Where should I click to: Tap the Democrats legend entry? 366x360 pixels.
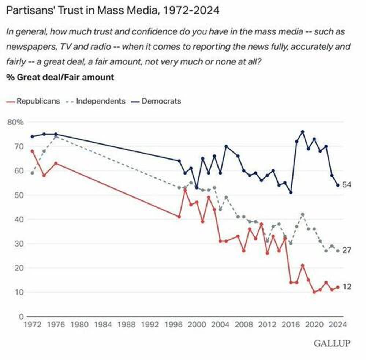click(161, 101)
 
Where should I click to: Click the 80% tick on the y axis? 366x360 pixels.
click(16, 122)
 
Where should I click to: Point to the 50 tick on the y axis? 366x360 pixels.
click(19, 195)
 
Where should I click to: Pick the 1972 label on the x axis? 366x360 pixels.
click(32, 324)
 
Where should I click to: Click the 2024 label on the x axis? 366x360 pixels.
click(338, 324)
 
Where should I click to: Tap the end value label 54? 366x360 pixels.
click(347, 185)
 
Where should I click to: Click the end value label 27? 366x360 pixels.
click(347, 251)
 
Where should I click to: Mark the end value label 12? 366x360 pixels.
click(347, 287)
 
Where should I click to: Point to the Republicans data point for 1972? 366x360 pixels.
click(32, 151)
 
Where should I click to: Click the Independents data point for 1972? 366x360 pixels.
click(32, 173)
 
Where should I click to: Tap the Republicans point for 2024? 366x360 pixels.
click(338, 287)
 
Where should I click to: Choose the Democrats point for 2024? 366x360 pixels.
click(338, 185)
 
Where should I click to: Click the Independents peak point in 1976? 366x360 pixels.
click(56, 136)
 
